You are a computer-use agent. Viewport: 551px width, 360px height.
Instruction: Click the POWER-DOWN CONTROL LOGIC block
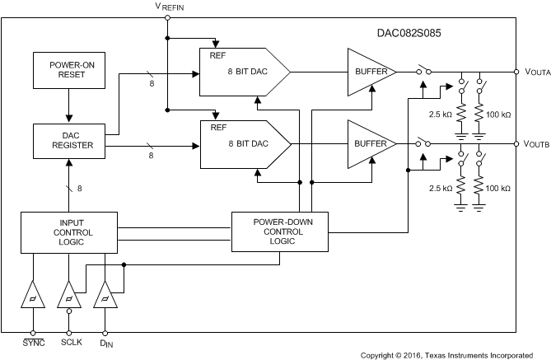coord(278,231)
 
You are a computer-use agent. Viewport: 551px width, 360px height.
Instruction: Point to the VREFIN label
coord(170,7)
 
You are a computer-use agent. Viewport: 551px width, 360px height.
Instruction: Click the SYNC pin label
coord(33,341)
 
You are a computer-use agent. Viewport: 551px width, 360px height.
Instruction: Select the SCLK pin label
coord(69,341)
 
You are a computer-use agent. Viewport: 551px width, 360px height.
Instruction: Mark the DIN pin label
coord(105,342)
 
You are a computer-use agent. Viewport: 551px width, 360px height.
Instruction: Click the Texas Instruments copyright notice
coord(446,354)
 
